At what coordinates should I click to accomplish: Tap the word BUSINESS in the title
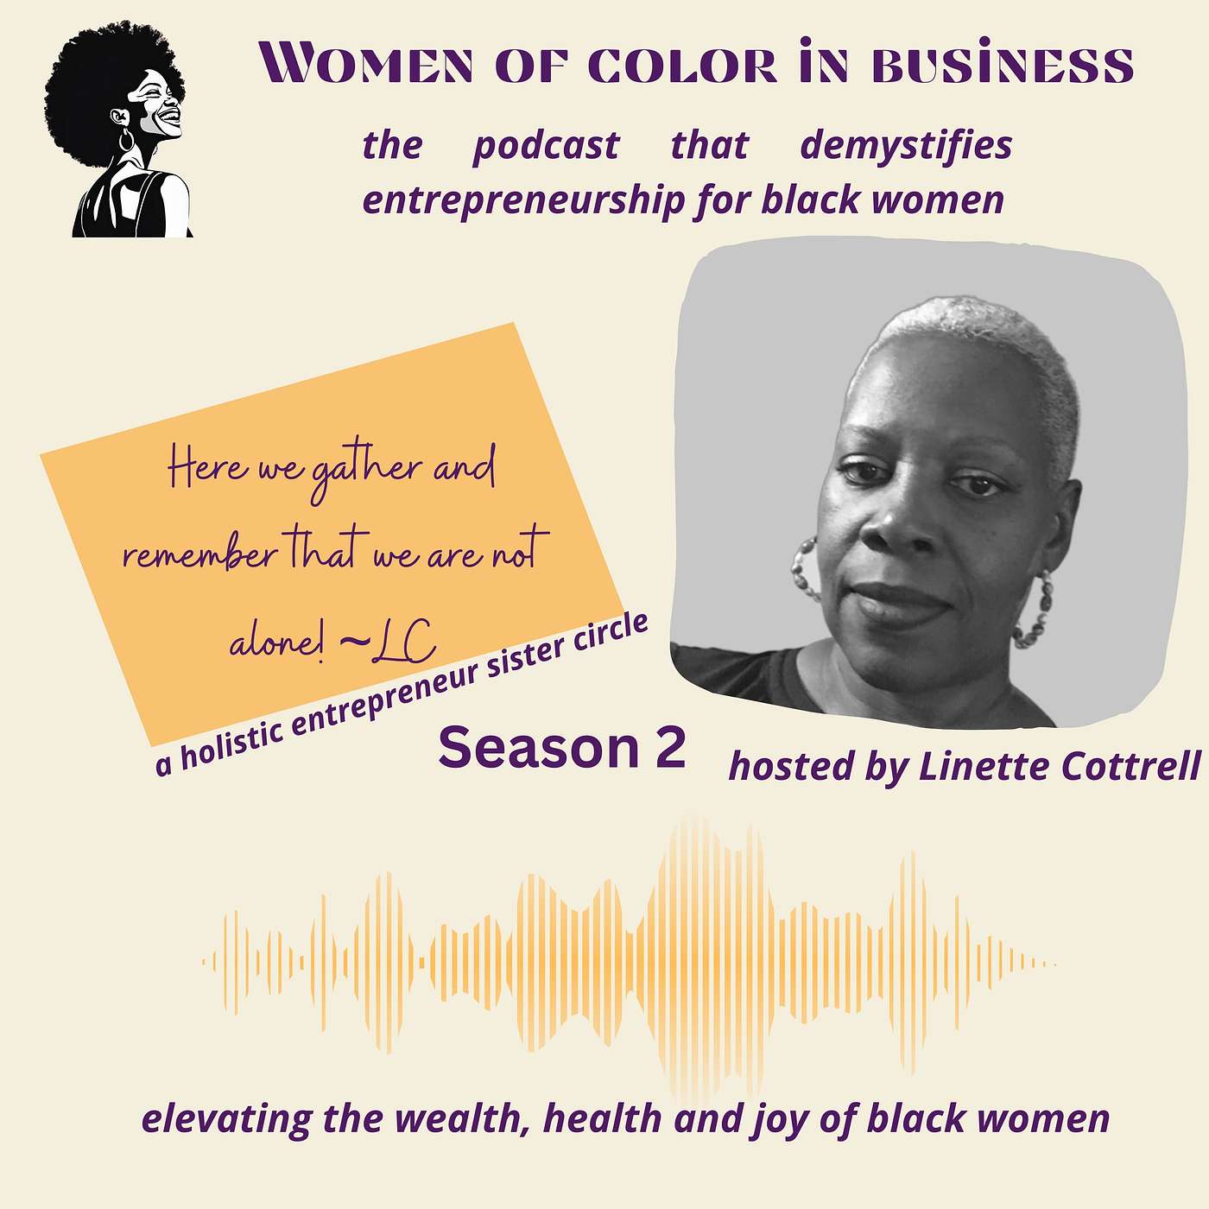(x=1001, y=65)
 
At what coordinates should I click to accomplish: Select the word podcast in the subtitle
(x=546, y=145)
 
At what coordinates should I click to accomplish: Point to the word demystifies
(x=906, y=145)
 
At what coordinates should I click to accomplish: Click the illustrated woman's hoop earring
(x=126, y=139)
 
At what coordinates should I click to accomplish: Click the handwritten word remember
(x=199, y=554)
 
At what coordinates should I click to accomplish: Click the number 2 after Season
(x=669, y=748)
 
